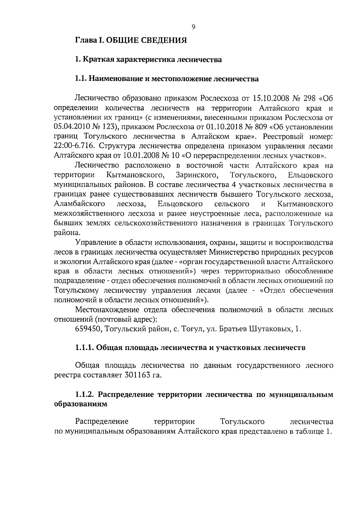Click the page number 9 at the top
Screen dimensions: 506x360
pyautogui.click(x=193, y=27)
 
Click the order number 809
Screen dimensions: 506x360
pyautogui.click(x=260, y=127)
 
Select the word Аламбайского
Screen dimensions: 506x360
pyautogui.click(x=79, y=204)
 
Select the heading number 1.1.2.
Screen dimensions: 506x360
pyautogui.click(x=85, y=394)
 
